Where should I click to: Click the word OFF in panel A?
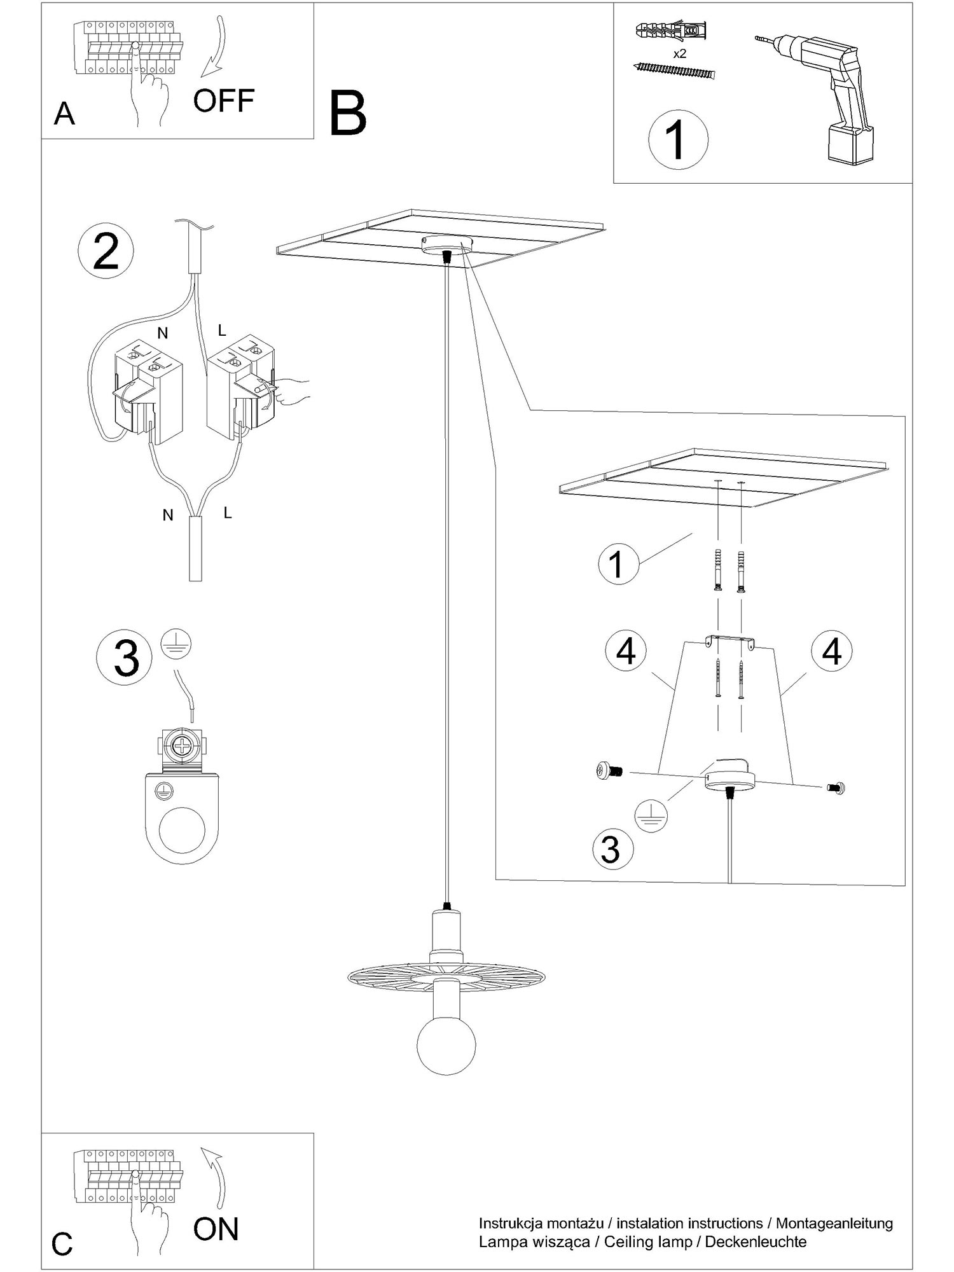(x=224, y=100)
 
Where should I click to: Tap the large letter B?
(x=348, y=113)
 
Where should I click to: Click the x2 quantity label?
(x=679, y=53)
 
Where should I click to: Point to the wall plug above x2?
(x=671, y=30)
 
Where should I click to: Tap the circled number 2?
(x=106, y=252)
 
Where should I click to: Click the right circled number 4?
(x=832, y=651)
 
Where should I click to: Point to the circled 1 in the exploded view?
(x=616, y=564)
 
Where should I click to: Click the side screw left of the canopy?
(x=610, y=771)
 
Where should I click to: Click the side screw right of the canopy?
(x=836, y=788)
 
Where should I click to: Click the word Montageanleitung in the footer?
(x=834, y=1223)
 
